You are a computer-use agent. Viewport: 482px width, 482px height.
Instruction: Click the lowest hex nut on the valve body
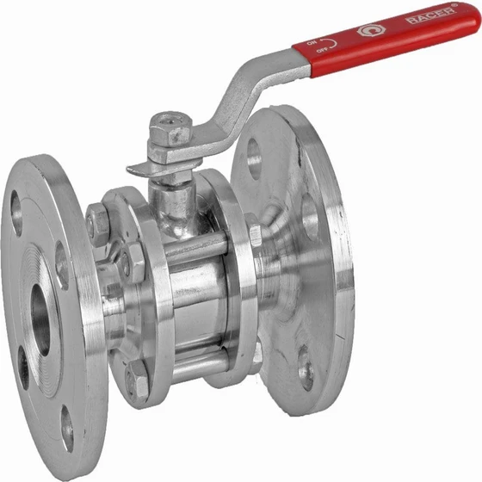point(138,380)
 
